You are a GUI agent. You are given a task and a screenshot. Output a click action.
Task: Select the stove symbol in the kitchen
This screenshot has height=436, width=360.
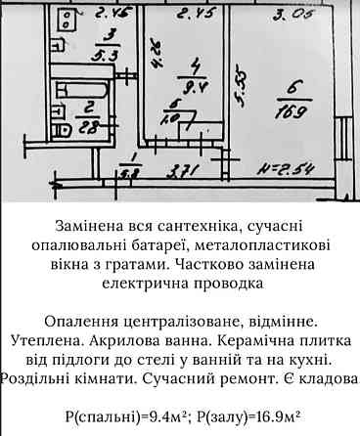click(64, 21)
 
